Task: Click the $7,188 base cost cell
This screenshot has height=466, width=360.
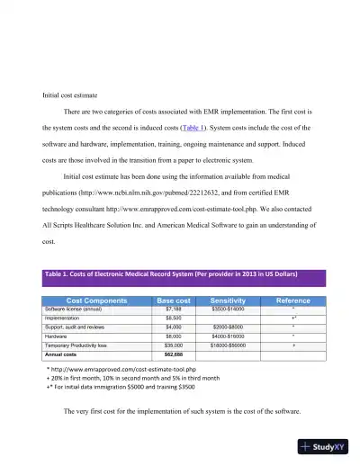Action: tap(174, 309)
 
